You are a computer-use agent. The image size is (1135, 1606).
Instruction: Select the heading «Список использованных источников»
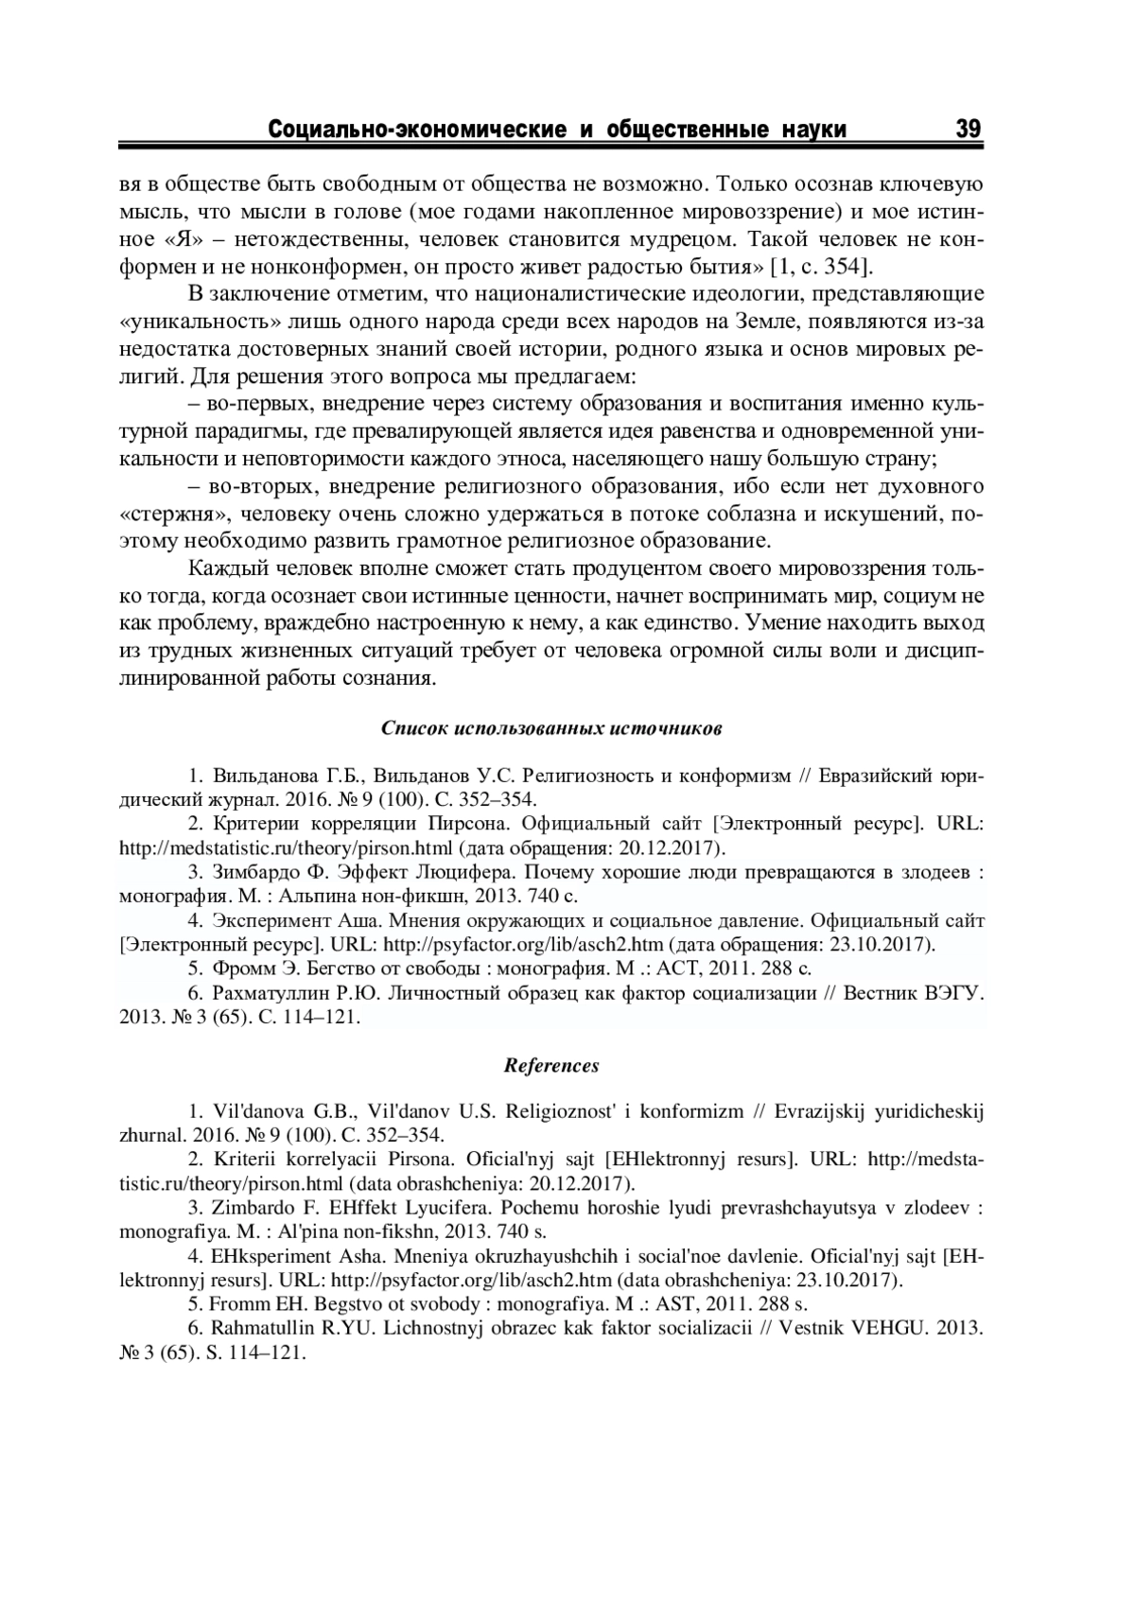pos(551,729)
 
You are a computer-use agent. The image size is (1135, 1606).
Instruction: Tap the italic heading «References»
pos(551,1066)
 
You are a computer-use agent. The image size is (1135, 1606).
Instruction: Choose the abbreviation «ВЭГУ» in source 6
pos(949,992)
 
